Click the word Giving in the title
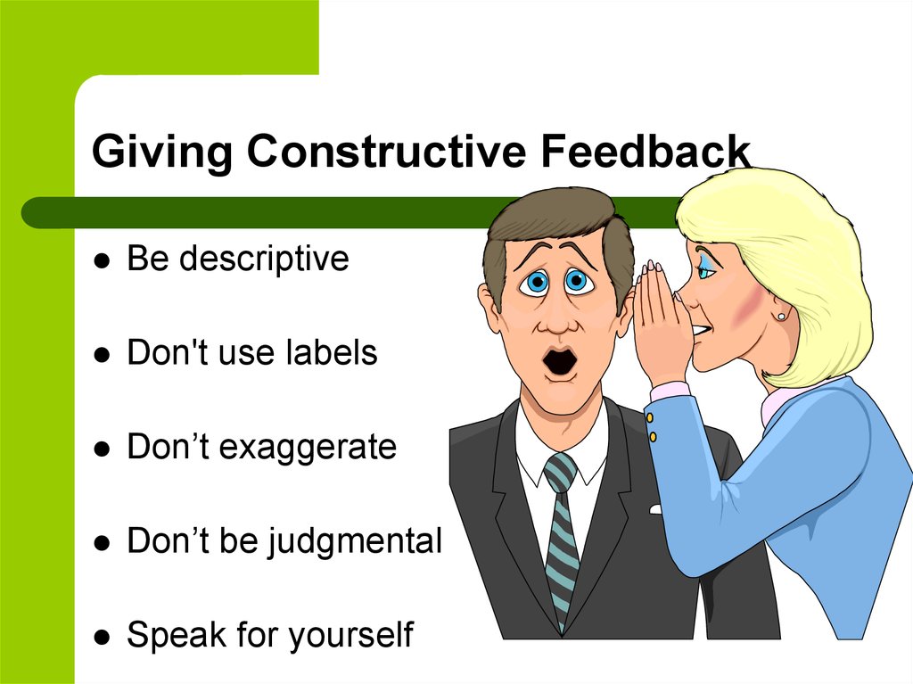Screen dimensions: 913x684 click(162, 152)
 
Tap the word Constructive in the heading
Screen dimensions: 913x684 click(386, 151)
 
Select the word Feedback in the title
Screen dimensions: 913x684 click(646, 151)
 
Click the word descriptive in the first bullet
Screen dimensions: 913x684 click(264, 259)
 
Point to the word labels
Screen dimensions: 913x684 click(332, 352)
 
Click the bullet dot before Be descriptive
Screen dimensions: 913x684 click(102, 260)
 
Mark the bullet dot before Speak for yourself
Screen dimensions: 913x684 click(102, 636)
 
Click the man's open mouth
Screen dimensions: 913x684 click(560, 361)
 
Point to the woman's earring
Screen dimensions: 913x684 click(781, 316)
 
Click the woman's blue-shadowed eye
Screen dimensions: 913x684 click(707, 268)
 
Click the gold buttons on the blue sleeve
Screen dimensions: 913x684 click(651, 427)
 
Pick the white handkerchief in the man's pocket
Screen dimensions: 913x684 click(655, 510)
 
